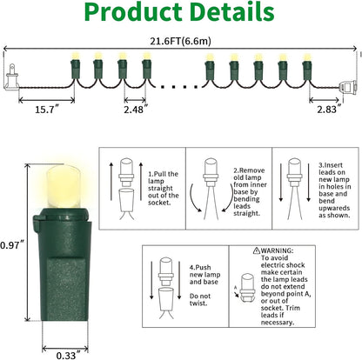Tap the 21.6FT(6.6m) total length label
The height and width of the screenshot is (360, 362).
180,41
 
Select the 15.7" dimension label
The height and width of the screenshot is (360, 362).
47,110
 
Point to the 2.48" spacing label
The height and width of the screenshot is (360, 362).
136,110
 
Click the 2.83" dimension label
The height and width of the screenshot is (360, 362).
328,110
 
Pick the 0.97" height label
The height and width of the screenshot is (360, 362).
11,245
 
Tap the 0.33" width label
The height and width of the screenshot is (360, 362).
68,355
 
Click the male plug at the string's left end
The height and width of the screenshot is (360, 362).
11,77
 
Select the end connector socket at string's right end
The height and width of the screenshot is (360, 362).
349,86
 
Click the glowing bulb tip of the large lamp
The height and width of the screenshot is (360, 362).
63,186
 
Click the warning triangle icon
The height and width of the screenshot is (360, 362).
257,250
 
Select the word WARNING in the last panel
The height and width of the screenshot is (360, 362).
277,250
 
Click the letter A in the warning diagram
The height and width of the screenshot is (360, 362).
236,287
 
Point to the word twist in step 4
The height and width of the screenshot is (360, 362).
198,303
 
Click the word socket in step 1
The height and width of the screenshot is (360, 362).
159,203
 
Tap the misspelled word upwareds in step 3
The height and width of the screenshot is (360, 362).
334,208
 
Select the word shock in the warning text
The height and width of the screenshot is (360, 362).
295,265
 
